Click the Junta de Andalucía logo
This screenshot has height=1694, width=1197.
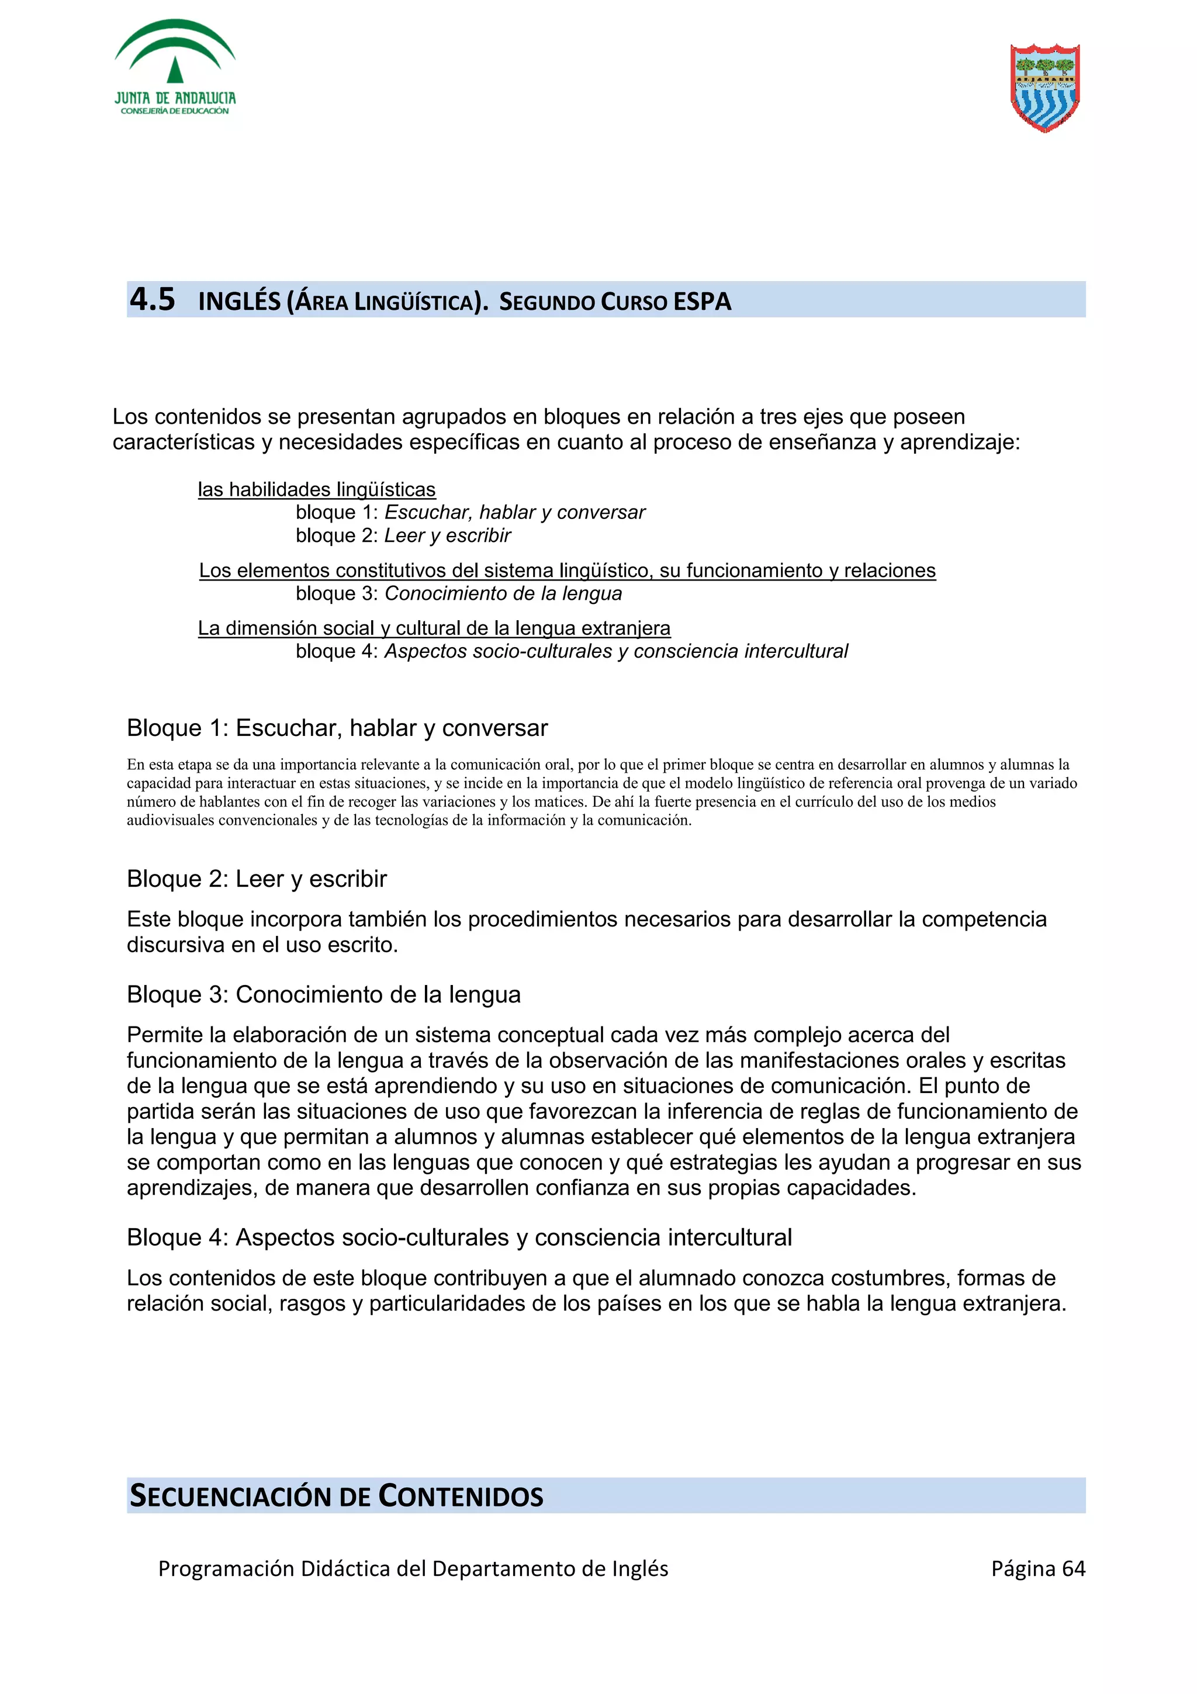click(x=175, y=68)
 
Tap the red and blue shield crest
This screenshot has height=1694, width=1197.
click(x=1044, y=87)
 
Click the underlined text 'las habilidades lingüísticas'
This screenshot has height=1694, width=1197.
click(x=316, y=489)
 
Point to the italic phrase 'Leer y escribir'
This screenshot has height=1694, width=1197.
click(x=447, y=535)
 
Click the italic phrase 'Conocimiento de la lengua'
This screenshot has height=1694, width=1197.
click(x=503, y=593)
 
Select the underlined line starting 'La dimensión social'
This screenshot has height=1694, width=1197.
click(x=434, y=628)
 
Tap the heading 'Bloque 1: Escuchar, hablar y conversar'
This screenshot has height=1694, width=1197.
click(x=337, y=728)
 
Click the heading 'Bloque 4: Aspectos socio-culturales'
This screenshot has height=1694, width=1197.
click(x=459, y=1237)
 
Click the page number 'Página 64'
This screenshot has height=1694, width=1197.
click(x=1037, y=1568)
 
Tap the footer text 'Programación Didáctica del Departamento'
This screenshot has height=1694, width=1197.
click(x=413, y=1568)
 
